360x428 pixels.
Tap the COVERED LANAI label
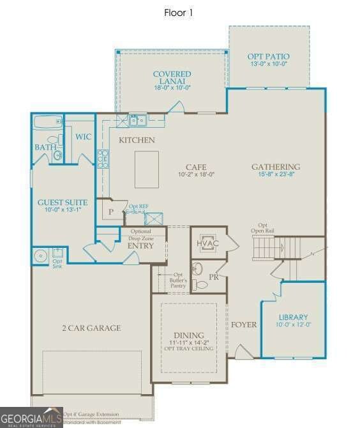coord(172,78)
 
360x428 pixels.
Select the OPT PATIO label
coord(267,57)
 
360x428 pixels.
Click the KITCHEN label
coord(137,140)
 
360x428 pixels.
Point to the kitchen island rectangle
coord(146,169)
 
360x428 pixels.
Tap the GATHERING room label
coord(275,167)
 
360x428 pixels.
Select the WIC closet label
coord(84,137)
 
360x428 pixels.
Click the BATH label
coord(45,148)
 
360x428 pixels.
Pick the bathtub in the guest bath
coord(48,123)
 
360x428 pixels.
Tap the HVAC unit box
coord(208,243)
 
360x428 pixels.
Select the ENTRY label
coord(140,245)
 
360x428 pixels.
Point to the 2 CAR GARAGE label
coord(91,328)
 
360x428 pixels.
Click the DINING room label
coord(189,335)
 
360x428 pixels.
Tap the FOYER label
coord(244,325)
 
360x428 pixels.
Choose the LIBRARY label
coord(293,317)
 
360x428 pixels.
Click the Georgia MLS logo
coord(31,417)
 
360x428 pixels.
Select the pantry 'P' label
coord(110,211)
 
